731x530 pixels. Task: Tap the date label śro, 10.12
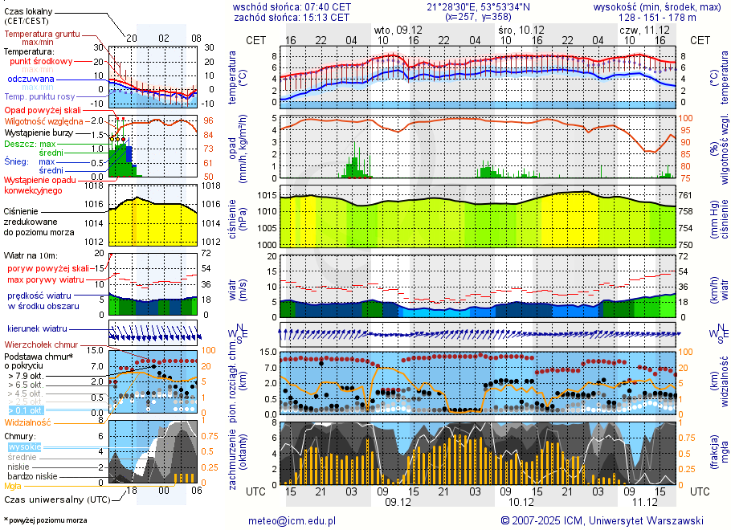pyautogui.click(x=516, y=29)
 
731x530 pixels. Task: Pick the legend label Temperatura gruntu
pyautogui.click(x=38, y=35)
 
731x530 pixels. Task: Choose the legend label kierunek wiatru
pyautogui.click(x=36, y=329)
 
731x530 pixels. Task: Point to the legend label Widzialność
pyautogui.click(x=28, y=422)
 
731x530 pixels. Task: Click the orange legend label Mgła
pyautogui.click(x=13, y=486)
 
